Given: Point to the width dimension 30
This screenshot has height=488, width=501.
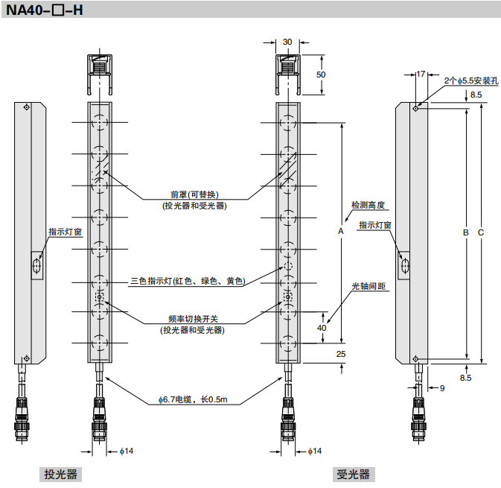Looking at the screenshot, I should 288,42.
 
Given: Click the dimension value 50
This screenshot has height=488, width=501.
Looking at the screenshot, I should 321,75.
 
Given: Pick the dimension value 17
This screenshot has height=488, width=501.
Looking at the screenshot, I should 421,74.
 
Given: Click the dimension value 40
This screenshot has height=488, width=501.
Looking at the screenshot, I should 322,328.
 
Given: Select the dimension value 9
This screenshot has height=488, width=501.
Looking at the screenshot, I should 441,388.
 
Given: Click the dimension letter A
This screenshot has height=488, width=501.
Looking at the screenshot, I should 340,232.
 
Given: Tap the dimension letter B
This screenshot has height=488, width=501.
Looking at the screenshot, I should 465,233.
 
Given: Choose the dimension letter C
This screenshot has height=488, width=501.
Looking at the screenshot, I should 481,233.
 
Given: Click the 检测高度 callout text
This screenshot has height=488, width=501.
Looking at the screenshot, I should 368,205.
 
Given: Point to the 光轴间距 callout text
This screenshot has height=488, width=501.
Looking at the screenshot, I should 368,286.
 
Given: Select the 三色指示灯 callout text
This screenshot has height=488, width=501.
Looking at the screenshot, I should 187,281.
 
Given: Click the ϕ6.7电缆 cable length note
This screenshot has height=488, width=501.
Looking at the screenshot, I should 192,400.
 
